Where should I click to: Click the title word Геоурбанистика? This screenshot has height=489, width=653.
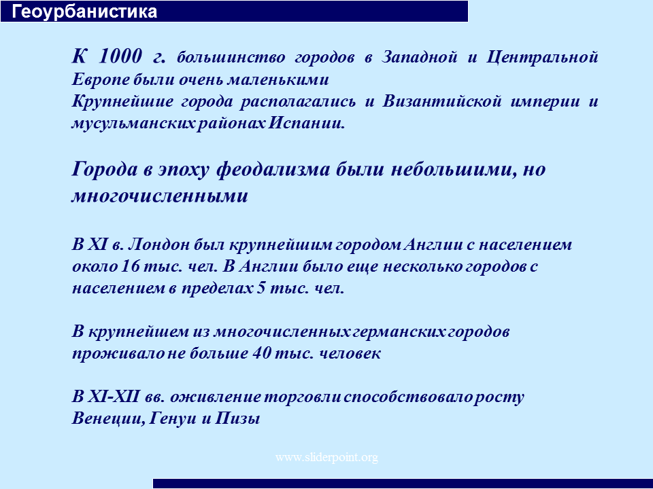coord(84,12)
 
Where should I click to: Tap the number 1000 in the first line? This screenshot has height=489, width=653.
coord(120,56)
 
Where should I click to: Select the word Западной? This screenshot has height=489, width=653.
coord(420,57)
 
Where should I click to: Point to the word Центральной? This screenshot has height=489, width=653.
coord(542,57)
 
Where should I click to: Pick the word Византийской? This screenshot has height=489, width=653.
coord(441,101)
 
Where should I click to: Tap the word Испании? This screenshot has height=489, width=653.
coord(306,123)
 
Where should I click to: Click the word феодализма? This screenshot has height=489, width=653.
coord(273,170)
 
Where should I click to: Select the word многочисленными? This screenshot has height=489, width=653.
coord(160,196)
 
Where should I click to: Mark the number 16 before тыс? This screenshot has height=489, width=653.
coord(130,266)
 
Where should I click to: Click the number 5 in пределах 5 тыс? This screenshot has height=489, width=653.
coord(261,288)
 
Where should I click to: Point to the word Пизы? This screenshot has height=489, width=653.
coord(237,418)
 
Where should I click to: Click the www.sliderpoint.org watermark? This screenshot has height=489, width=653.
coord(326,458)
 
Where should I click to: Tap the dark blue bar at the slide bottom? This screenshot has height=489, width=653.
coord(403,484)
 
